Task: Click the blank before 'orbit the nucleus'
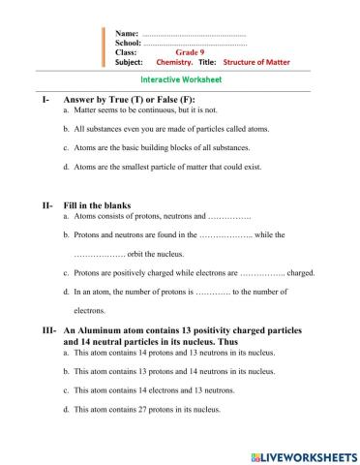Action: point(101,254)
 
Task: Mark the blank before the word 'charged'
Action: point(260,274)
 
